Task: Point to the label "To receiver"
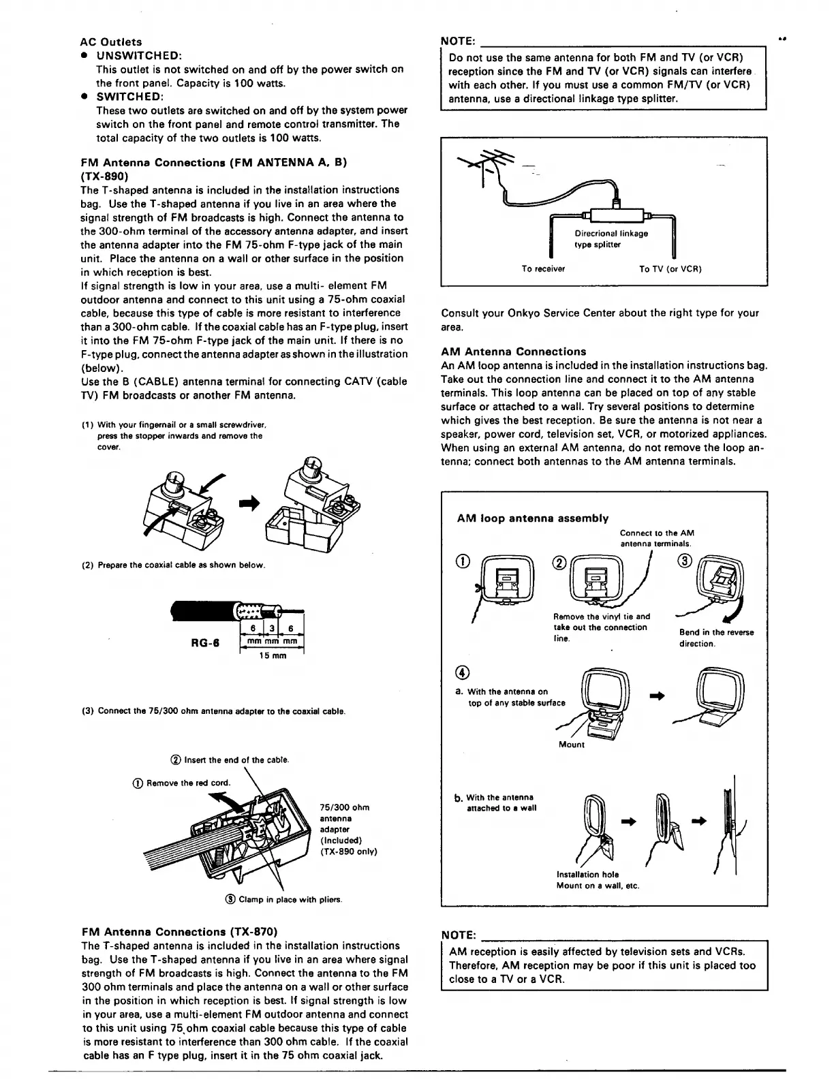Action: (x=543, y=268)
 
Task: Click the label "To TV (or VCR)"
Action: (x=670, y=268)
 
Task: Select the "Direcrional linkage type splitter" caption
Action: (x=611, y=239)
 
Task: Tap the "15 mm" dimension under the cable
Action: (x=273, y=655)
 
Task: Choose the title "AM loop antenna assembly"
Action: (x=532, y=518)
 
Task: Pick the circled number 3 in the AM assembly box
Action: (x=684, y=561)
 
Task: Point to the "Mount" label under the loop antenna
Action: (x=571, y=745)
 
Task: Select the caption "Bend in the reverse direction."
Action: (x=716, y=638)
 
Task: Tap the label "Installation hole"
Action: (x=587, y=874)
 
